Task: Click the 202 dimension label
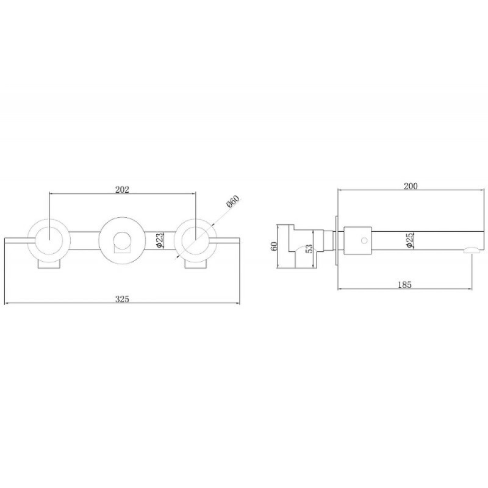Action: [122, 189]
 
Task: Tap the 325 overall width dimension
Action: [122, 299]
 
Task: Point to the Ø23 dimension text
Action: [159, 240]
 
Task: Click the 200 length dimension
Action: [411, 186]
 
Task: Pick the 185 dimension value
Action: [404, 284]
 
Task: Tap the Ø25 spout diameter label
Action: [410, 240]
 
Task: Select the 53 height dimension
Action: [309, 248]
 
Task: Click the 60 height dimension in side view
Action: [274, 246]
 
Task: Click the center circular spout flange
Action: [122, 220]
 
